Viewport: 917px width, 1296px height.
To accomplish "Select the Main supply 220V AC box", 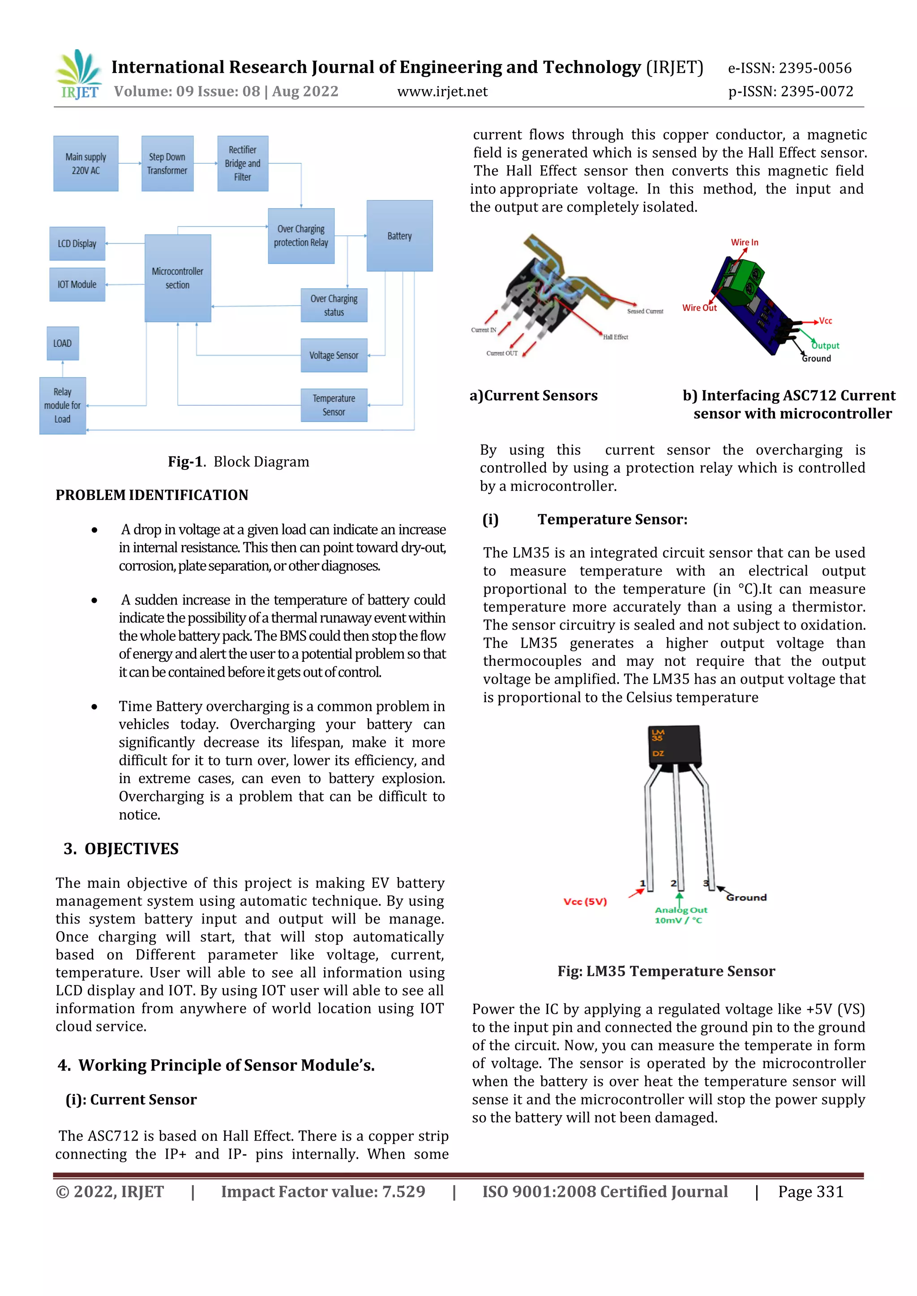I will coord(86,164).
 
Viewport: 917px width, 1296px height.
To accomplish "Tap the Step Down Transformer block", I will coord(167,164).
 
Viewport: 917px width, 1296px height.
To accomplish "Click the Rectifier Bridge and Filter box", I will coord(243,164).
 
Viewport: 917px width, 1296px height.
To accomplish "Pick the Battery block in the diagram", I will coord(400,236).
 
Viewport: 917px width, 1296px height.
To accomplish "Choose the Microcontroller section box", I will coord(178,278).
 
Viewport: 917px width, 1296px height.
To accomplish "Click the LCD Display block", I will coord(77,244).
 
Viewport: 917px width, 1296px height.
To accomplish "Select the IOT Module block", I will coord(77,285).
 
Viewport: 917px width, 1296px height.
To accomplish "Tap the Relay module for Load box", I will coord(63,406).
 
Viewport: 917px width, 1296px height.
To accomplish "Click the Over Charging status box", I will coord(334,305).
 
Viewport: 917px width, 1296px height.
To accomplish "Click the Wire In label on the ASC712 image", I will coord(744,242).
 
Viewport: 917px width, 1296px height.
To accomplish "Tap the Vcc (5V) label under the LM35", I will coord(585,901).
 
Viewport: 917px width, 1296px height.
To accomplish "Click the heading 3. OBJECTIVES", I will coord(121,849).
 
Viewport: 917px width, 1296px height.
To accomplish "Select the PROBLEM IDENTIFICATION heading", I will coord(152,495).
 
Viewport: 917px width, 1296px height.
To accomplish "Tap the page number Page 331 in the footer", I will coord(810,1192).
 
